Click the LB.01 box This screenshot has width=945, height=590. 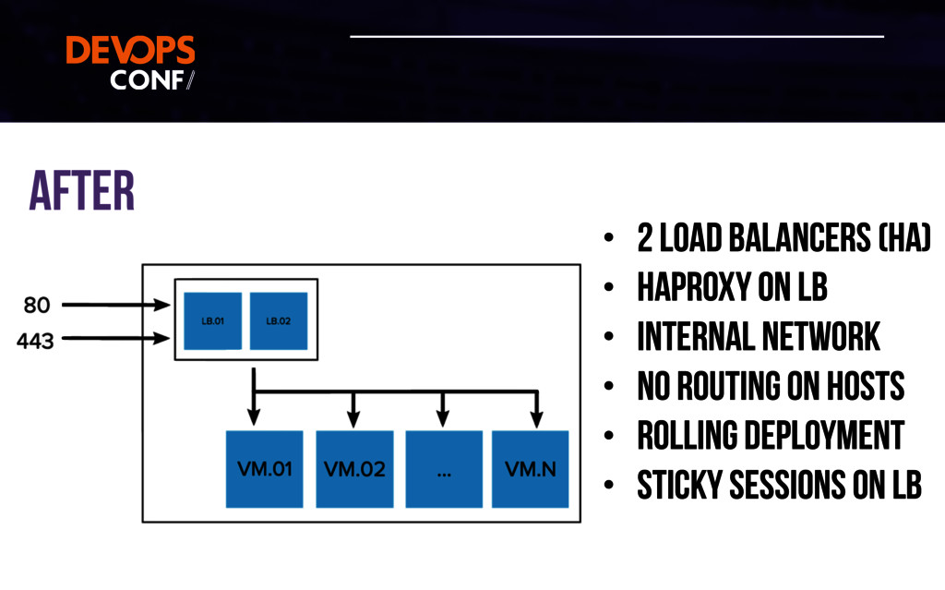212,320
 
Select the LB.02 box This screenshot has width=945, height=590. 278,320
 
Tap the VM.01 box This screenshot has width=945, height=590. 264,468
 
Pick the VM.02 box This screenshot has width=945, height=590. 354,468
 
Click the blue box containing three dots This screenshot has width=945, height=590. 444,468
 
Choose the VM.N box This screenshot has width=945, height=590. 531,468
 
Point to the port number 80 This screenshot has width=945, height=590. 36,304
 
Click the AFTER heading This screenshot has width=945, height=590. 82,191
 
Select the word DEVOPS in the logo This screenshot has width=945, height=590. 130,51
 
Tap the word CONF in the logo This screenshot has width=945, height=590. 147,79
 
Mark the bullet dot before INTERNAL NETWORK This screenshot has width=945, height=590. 608,338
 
